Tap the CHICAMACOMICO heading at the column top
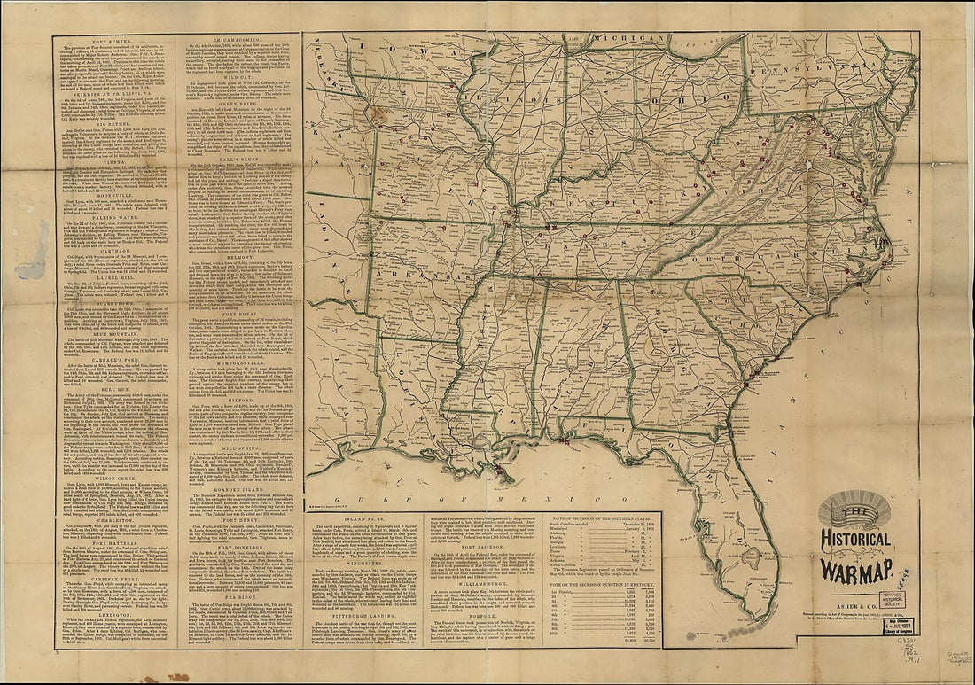pyautogui.click(x=241, y=40)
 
